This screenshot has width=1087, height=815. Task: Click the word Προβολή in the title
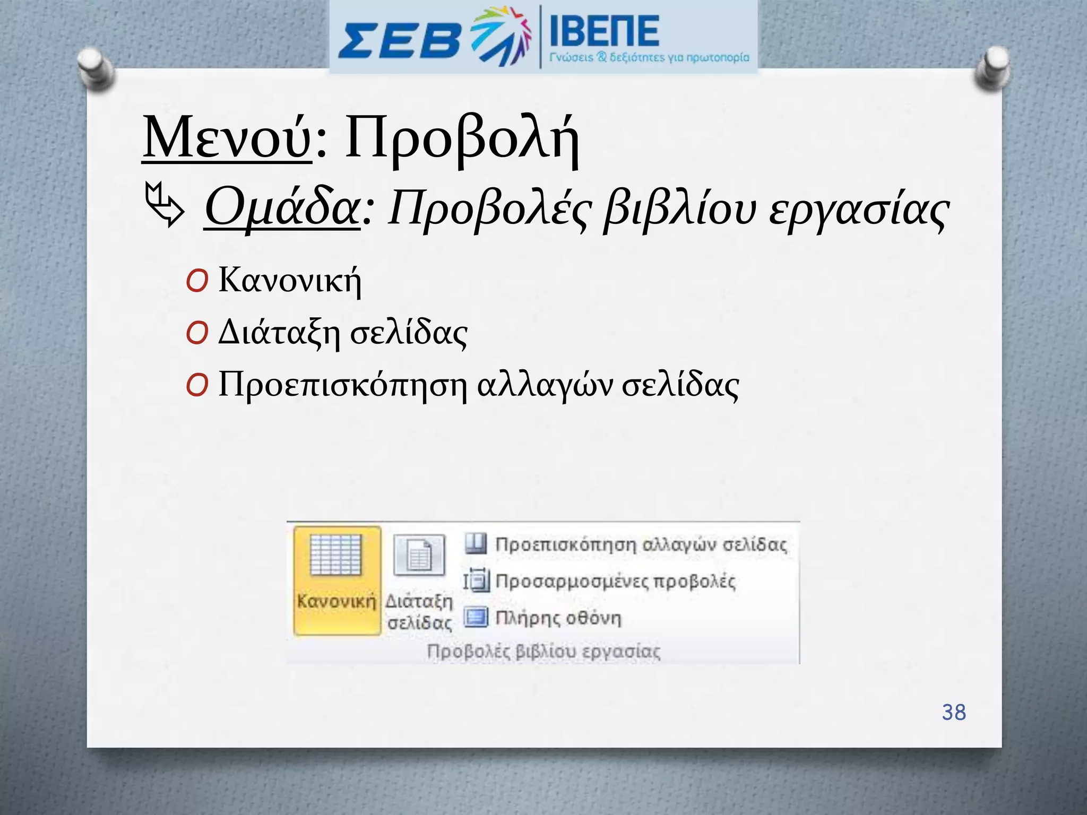461,139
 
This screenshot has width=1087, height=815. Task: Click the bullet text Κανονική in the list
290,280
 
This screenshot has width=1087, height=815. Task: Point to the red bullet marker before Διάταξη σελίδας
197,334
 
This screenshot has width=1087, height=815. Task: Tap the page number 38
954,712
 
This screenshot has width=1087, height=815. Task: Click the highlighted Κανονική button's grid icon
336,554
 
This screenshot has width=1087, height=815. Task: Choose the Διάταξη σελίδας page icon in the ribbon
419,555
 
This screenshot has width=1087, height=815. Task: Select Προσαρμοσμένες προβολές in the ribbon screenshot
615,582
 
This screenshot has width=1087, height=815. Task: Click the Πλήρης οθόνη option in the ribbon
558,618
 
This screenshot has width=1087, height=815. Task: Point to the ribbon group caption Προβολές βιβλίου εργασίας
543,652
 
